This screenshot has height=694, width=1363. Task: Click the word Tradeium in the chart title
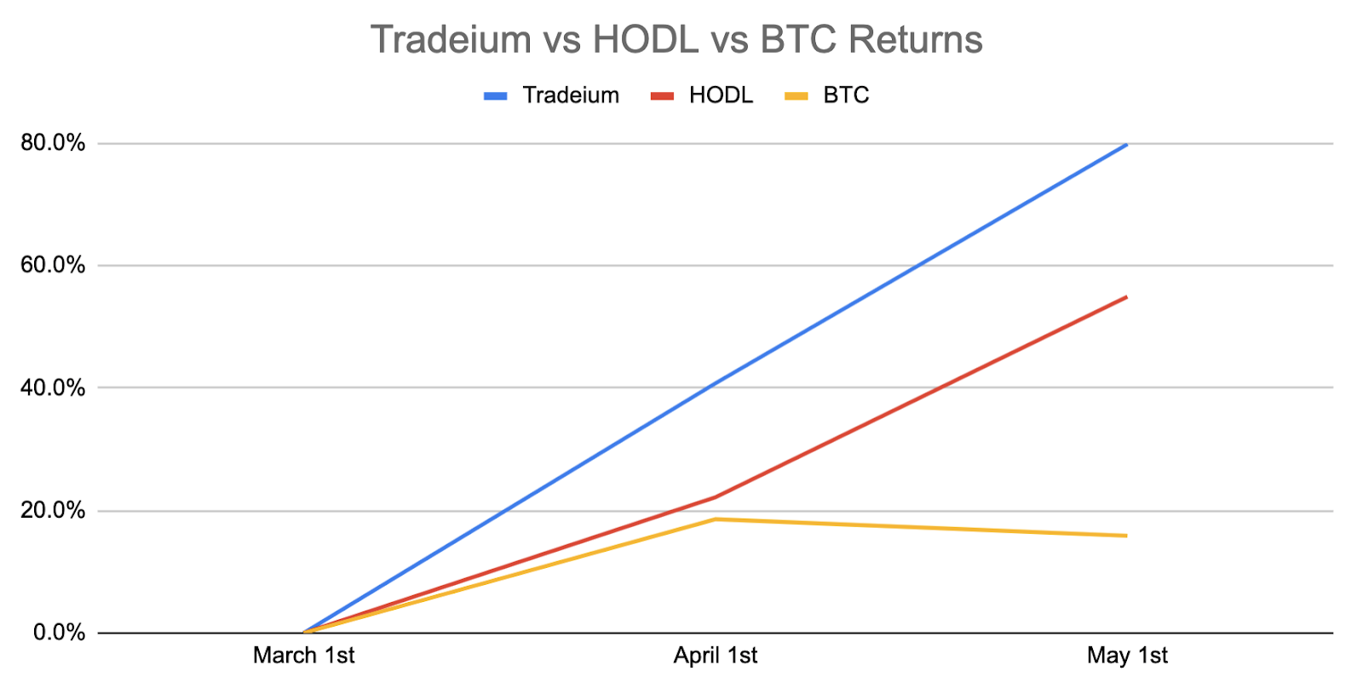point(451,39)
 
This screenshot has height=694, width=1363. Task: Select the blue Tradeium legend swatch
point(495,96)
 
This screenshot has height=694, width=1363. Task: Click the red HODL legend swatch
point(663,96)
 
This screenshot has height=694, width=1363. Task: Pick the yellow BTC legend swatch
point(797,96)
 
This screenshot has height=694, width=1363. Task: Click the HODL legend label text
point(721,95)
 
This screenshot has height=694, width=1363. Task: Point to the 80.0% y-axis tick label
point(53,144)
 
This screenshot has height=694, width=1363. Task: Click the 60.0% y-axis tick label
point(53,265)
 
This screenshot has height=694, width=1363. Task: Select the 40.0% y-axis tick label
point(53,387)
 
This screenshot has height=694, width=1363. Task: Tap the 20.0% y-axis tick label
point(53,510)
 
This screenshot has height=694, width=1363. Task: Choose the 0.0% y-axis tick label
point(59,633)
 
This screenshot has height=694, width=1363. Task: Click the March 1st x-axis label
point(303,656)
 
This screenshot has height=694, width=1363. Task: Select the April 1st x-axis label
point(716,656)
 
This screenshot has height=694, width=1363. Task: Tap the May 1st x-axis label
point(1128,656)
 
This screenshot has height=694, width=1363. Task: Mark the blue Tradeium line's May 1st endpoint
point(1127,145)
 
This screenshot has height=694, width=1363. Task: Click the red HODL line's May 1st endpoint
point(1127,297)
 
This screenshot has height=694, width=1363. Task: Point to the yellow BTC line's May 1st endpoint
point(1127,536)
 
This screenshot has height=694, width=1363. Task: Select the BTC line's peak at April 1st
point(716,519)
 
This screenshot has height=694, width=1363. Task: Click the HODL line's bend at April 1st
point(716,497)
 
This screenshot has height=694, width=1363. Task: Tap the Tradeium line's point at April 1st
point(716,383)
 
